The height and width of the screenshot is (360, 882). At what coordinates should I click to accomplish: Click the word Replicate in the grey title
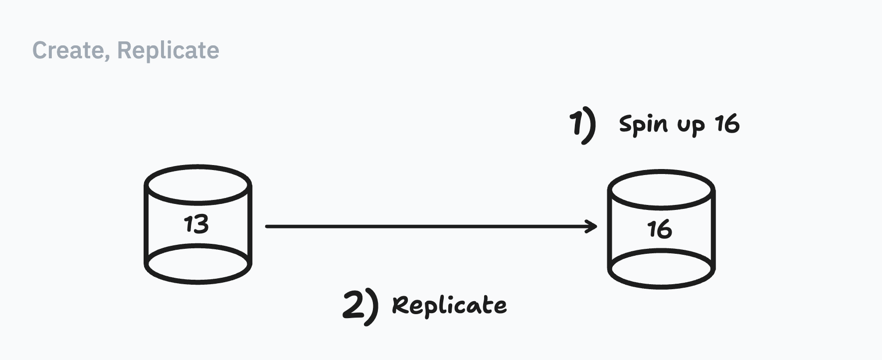(x=168, y=50)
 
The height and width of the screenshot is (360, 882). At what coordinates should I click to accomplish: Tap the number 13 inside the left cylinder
(x=196, y=224)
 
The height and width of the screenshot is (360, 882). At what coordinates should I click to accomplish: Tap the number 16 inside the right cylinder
(x=660, y=230)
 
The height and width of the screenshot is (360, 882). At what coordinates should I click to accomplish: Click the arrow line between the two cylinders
(x=429, y=226)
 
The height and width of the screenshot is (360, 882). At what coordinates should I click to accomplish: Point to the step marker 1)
(x=582, y=125)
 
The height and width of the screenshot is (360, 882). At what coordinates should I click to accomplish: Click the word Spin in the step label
(x=643, y=124)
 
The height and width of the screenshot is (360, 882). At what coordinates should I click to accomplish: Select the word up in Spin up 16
(x=691, y=126)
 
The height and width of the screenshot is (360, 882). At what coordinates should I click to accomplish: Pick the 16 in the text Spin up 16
(x=727, y=124)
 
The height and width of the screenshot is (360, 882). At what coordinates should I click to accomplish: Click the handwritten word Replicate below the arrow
(x=449, y=305)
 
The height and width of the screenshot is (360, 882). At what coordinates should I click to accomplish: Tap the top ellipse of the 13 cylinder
(x=198, y=184)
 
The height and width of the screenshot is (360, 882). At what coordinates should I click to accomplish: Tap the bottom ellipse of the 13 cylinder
(x=198, y=264)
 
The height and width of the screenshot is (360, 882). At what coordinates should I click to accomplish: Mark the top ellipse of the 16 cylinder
(x=662, y=189)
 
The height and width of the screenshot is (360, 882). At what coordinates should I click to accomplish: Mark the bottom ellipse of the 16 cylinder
(x=662, y=269)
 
